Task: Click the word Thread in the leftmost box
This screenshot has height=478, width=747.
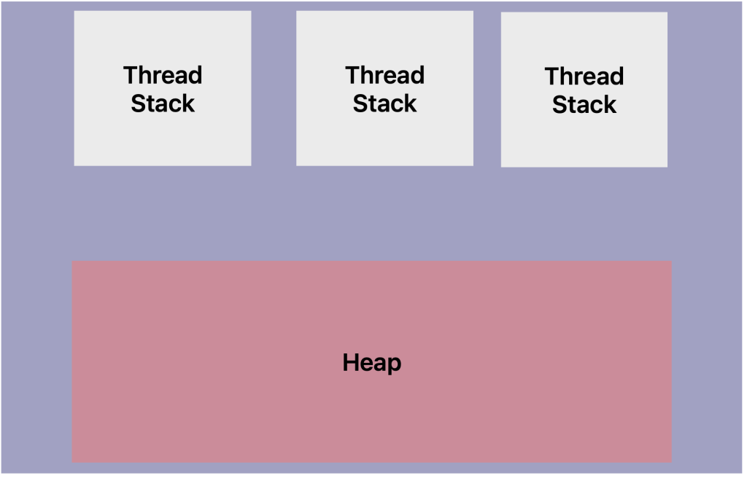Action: click(x=163, y=75)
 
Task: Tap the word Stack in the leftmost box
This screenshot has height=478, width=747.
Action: click(x=163, y=103)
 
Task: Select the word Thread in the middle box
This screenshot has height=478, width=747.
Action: click(x=384, y=75)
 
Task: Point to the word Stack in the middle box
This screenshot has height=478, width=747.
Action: click(x=384, y=103)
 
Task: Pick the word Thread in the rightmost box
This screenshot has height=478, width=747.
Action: click(x=584, y=77)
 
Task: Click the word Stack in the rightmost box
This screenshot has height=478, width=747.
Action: click(x=584, y=105)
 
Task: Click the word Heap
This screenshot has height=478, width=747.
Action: click(x=372, y=363)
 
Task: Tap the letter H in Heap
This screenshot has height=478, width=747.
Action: click(x=350, y=362)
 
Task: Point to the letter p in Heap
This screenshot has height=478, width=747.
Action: click(x=395, y=365)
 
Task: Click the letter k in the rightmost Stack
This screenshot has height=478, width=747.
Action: click(x=610, y=105)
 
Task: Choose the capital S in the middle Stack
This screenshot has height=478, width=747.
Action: click(x=360, y=103)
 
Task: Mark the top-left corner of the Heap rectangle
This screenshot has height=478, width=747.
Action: click(x=72, y=261)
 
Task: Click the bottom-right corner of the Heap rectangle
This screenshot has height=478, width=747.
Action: click(x=671, y=462)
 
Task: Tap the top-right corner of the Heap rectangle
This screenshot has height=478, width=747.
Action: click(x=671, y=261)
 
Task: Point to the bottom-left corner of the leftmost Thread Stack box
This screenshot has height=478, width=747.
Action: click(x=74, y=165)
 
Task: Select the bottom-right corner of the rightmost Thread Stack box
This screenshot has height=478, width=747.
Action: click(x=667, y=167)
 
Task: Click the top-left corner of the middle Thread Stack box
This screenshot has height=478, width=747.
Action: click(x=296, y=11)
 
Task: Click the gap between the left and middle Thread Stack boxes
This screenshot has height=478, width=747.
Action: click(x=274, y=88)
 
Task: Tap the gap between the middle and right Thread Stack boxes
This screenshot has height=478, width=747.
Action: click(x=487, y=88)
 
